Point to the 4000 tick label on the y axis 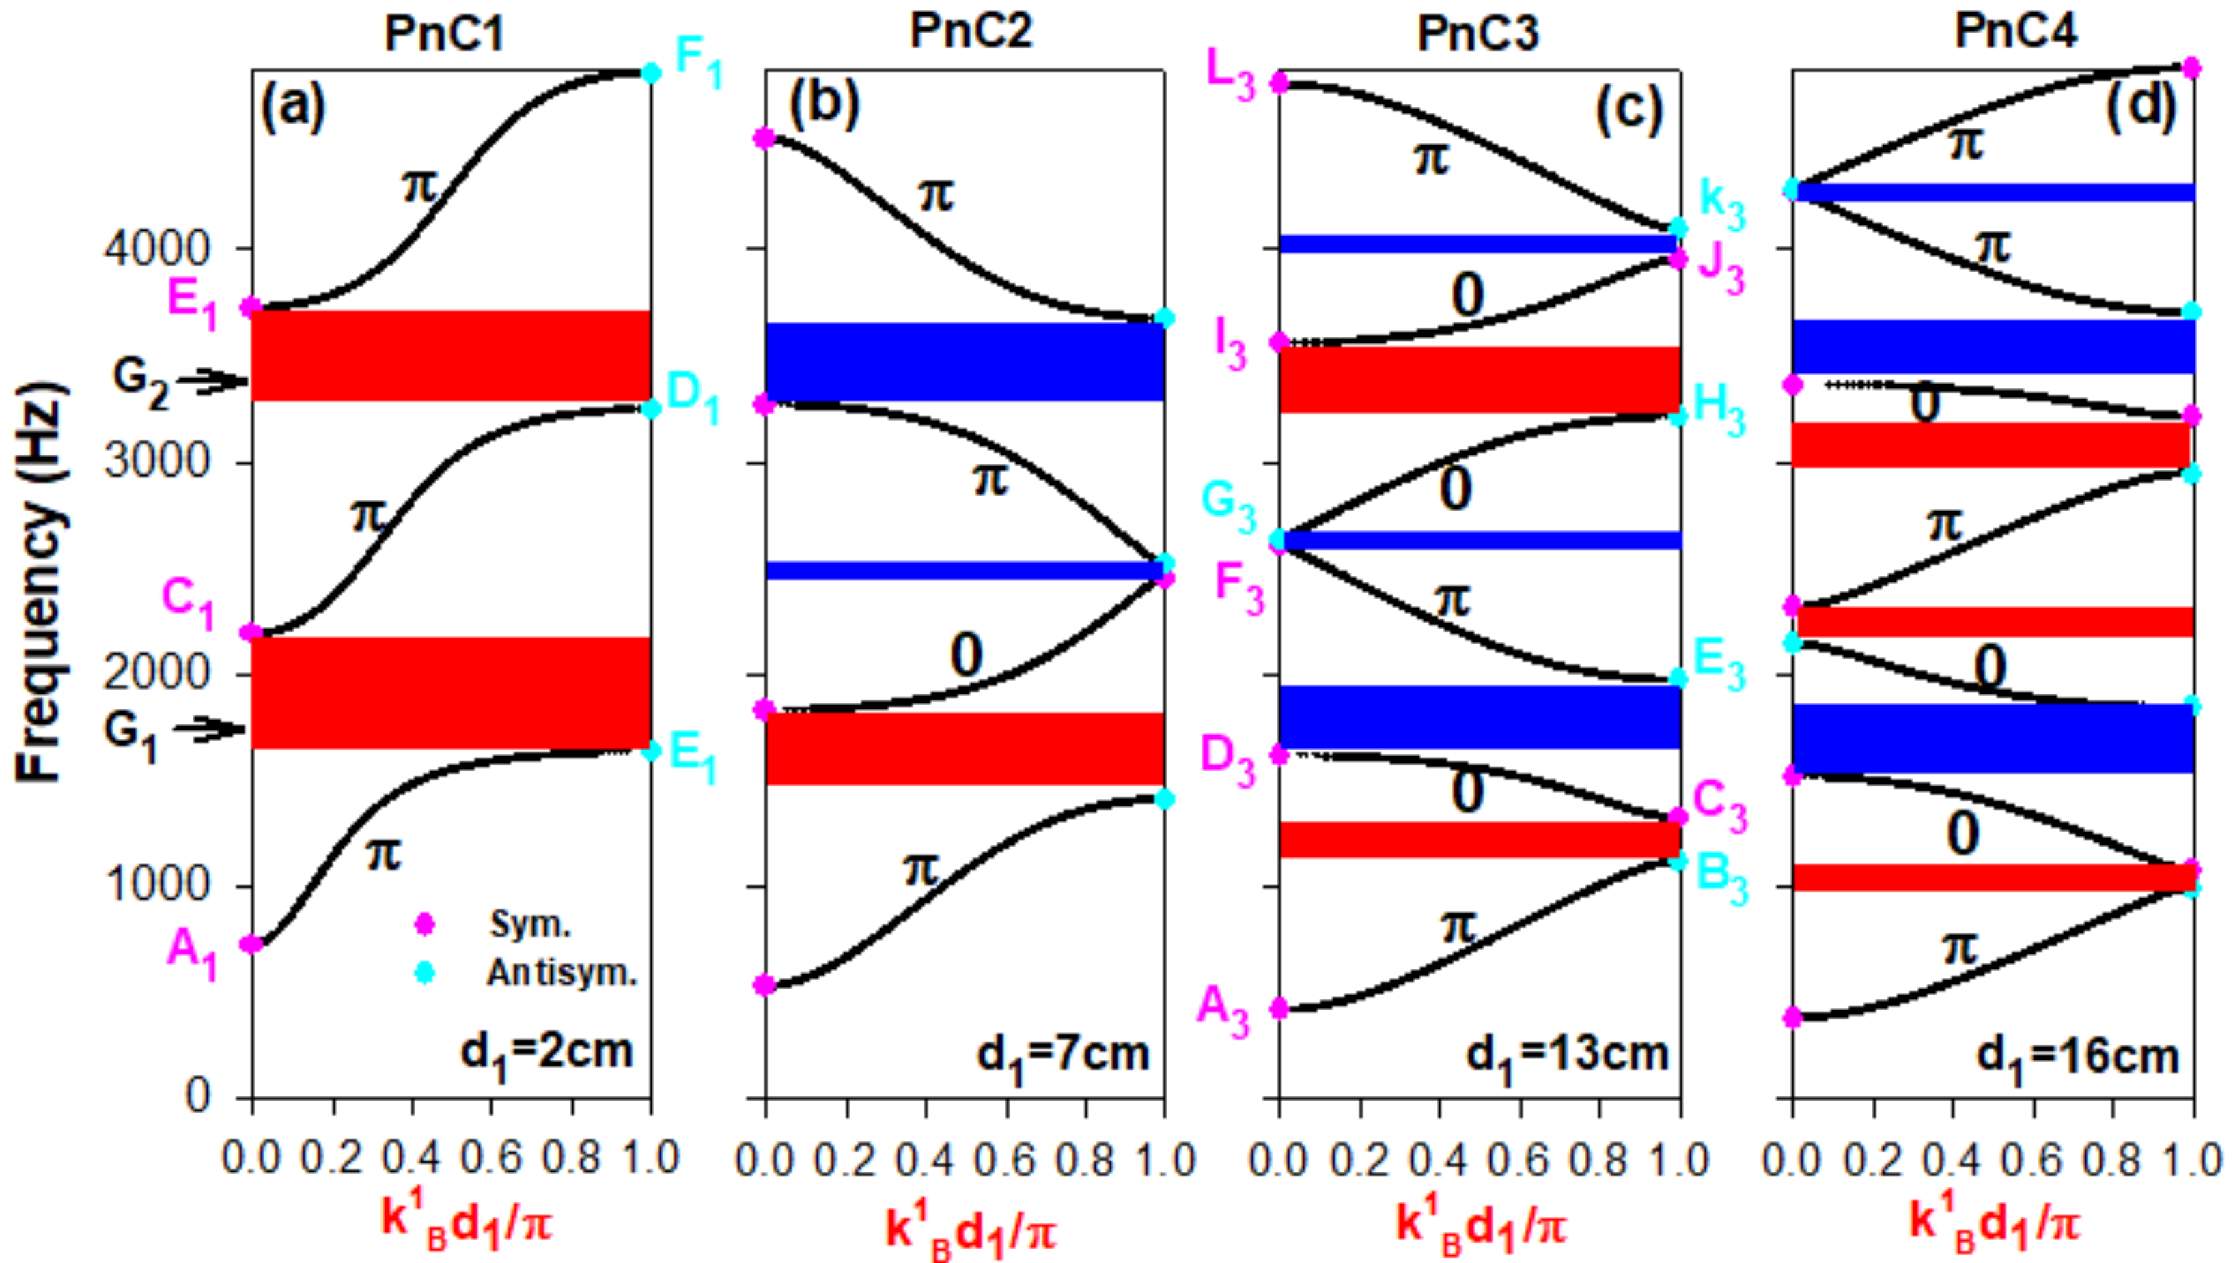157,249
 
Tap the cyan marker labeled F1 651,73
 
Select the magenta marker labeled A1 251,943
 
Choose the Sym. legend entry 529,924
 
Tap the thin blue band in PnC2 963,570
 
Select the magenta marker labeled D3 1279,754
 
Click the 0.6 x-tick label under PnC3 1518,1161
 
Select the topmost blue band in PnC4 1993,192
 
